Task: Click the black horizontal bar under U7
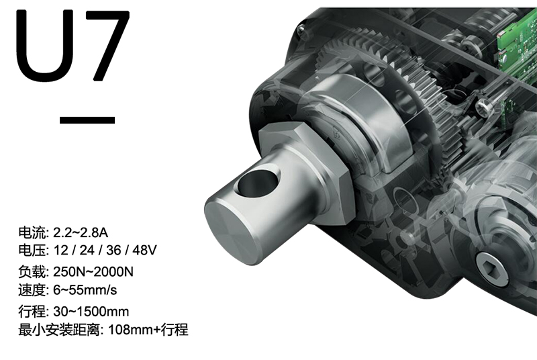coord(87,120)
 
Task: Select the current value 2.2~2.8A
coord(81,232)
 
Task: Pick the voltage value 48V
coord(144,251)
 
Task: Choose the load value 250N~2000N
coord(93,271)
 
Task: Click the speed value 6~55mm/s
coord(85,290)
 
